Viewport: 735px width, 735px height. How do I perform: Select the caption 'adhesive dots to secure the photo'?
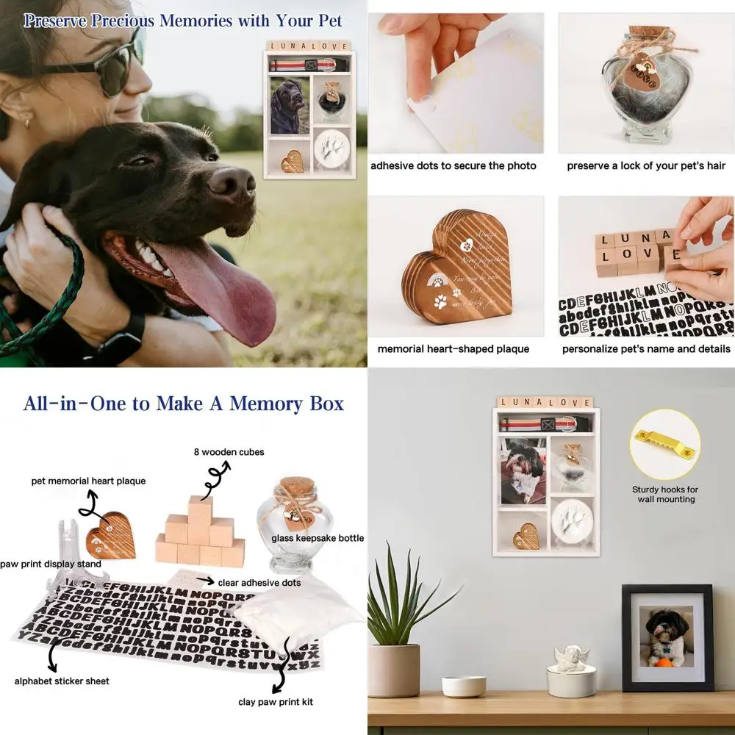453,166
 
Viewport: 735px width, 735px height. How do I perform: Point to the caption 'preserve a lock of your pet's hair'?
646,166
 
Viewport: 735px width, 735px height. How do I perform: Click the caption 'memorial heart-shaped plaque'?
453,348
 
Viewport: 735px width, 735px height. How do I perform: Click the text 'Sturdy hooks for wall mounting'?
665,494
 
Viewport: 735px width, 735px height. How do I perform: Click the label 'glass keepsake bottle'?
318,538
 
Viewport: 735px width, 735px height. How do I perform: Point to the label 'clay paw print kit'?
276,702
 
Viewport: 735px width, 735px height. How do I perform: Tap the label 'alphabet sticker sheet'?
62,681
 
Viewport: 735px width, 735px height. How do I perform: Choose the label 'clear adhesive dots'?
259,582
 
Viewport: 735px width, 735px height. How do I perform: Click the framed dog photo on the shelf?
667,637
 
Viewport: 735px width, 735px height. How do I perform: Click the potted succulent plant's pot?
393,670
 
